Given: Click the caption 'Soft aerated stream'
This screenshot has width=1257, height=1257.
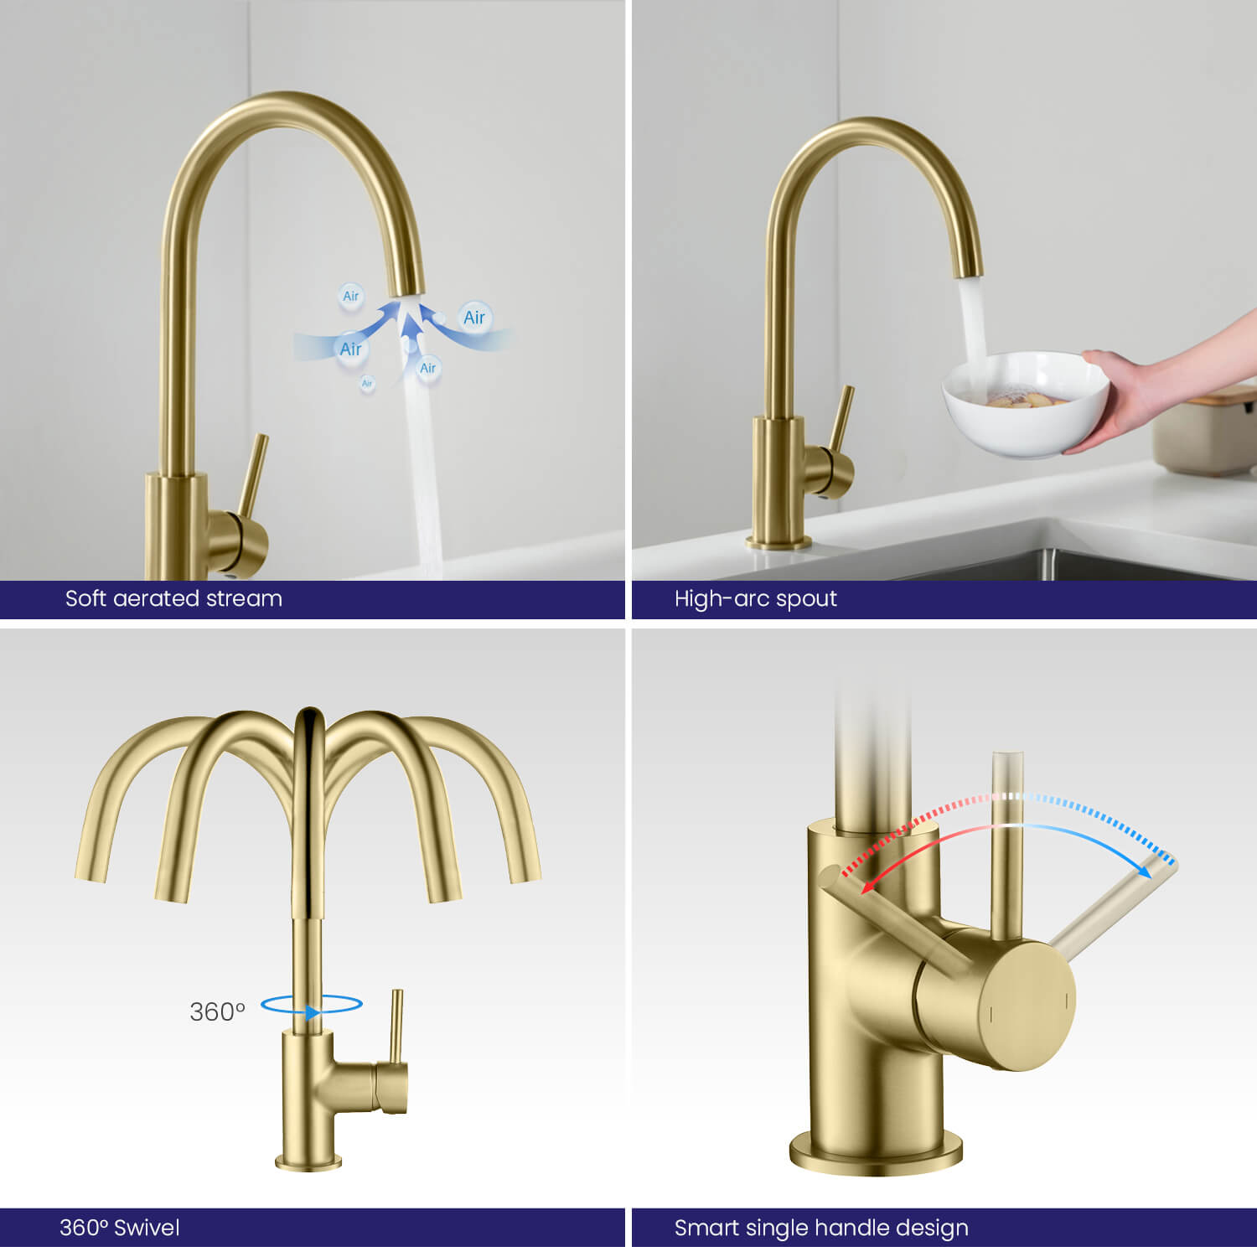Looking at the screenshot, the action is [x=173, y=598].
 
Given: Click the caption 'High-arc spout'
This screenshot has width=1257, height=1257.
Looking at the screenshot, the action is [x=755, y=598].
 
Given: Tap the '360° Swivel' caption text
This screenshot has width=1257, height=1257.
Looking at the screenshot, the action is [x=119, y=1228].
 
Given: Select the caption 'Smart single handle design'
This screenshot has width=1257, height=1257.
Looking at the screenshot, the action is [x=821, y=1229].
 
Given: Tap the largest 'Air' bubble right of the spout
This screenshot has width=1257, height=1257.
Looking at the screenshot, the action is [x=474, y=318].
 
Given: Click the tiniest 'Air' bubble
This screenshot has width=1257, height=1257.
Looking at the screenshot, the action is [x=367, y=384].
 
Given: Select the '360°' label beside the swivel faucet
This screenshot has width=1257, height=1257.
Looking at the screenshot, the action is [x=217, y=1012].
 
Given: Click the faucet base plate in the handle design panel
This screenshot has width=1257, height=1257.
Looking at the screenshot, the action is [x=876, y=1151].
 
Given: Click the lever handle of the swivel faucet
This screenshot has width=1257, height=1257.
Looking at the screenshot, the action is [x=396, y=1027].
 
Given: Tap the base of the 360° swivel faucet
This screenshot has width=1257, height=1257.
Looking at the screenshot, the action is [x=309, y=1161].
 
